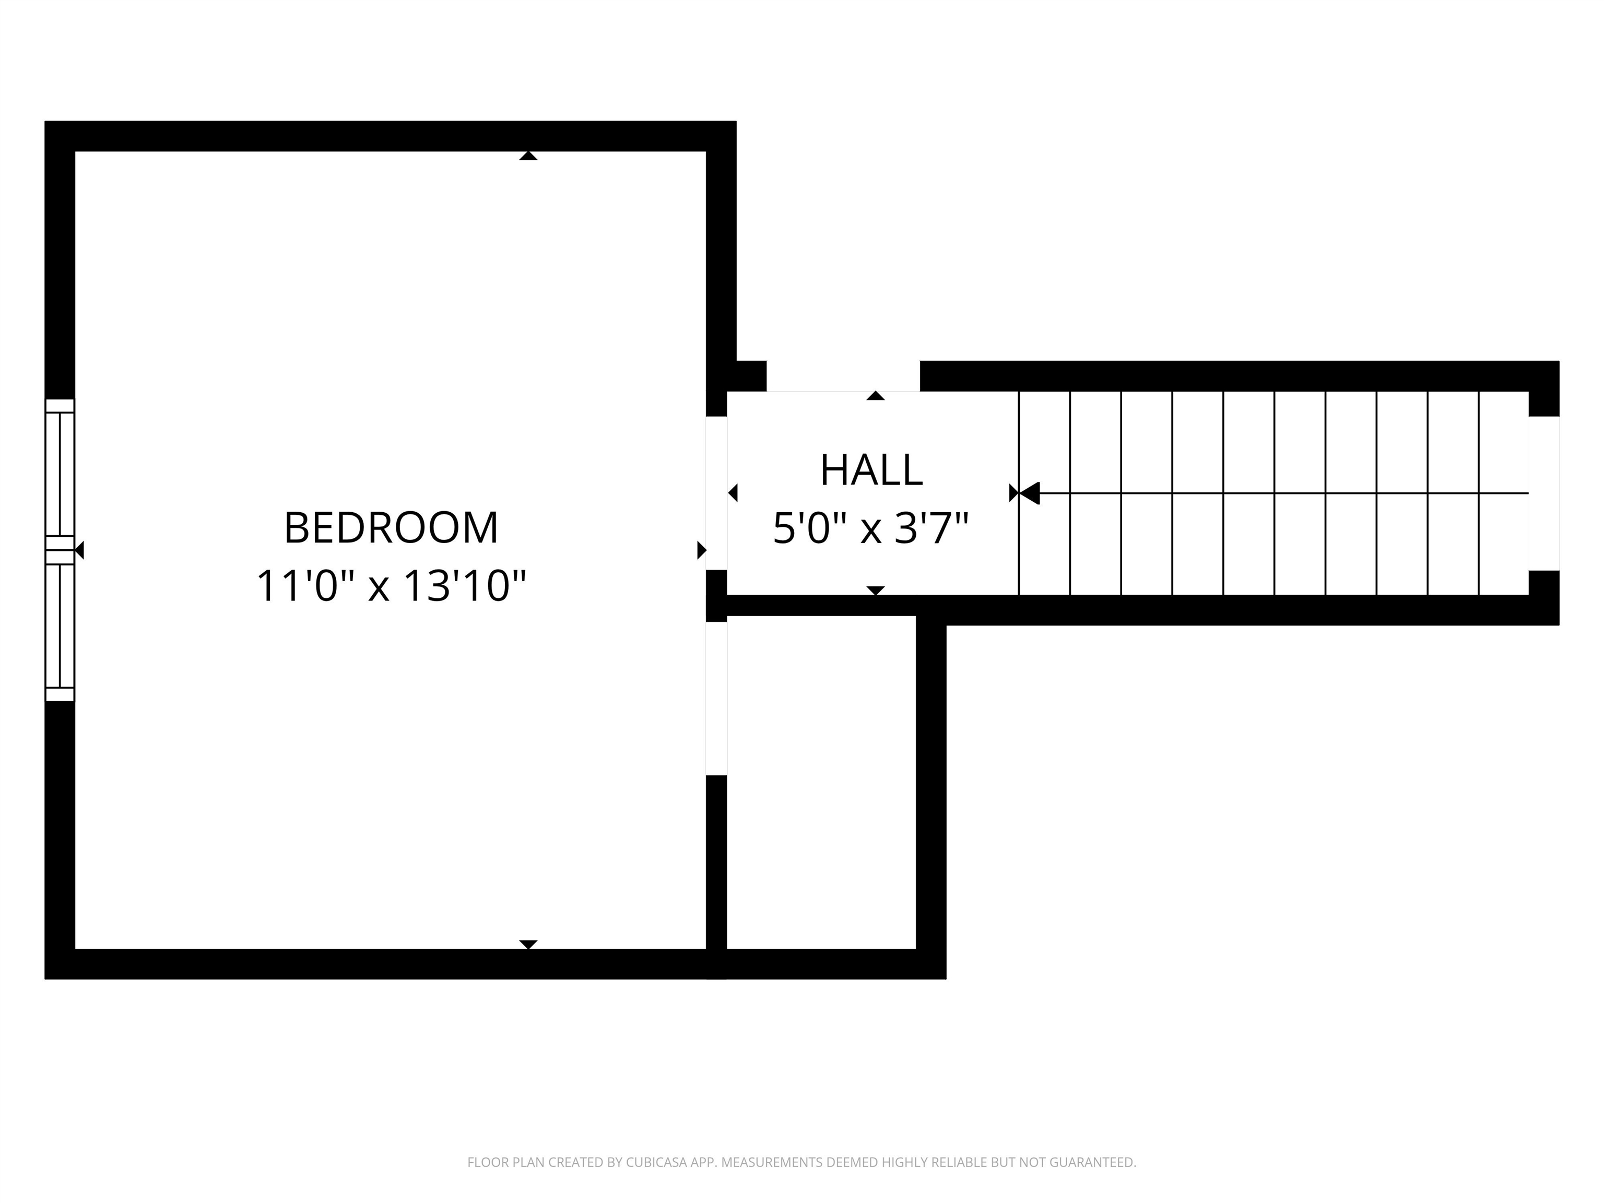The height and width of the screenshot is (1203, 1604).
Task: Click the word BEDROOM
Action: tap(391, 528)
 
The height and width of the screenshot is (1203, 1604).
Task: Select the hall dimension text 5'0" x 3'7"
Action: tap(871, 528)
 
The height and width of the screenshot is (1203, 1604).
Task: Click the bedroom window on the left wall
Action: tap(60, 550)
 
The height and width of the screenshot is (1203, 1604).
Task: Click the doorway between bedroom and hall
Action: tap(716, 493)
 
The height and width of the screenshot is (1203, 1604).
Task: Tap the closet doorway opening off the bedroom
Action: tap(716, 698)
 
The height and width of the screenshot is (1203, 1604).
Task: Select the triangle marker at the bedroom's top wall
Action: tap(528, 156)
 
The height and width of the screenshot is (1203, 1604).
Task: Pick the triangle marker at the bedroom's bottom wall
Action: tap(528, 944)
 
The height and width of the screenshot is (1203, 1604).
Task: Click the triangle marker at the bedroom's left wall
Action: tap(80, 550)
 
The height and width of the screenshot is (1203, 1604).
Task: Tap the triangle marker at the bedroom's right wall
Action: tap(701, 550)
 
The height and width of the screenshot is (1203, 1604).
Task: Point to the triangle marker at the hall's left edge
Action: tap(733, 493)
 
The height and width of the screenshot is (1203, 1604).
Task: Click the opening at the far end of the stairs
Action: tap(1544, 493)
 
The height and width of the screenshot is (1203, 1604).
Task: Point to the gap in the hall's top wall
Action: tap(843, 376)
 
